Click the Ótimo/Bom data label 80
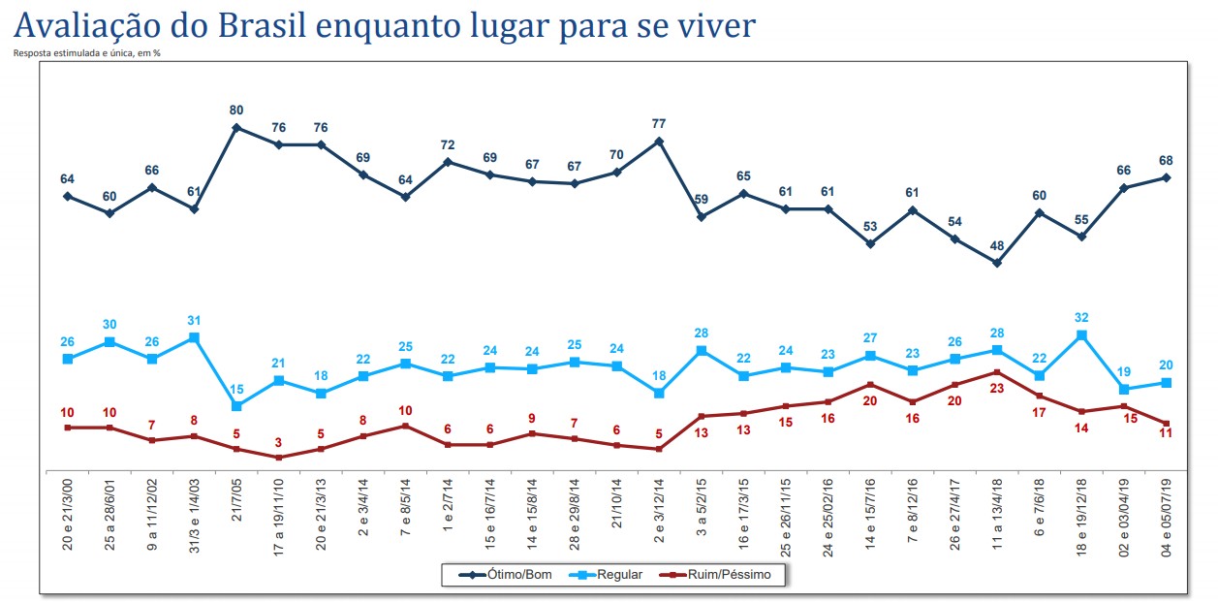pyautogui.click(x=236, y=110)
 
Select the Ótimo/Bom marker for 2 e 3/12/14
pyautogui.click(x=659, y=141)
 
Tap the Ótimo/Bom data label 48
pyautogui.click(x=996, y=245)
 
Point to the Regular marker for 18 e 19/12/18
pyautogui.click(x=1081, y=335)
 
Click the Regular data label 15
pyautogui.click(x=236, y=389)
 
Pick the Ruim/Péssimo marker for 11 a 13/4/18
pyautogui.click(x=997, y=372)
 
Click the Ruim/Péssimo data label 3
pyautogui.click(x=279, y=441)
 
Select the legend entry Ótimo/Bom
pyautogui.click(x=513, y=575)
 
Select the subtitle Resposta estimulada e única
pyautogui.click(x=85, y=52)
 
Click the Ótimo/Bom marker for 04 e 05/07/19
pyautogui.click(x=1167, y=177)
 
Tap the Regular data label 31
pyautogui.click(x=195, y=321)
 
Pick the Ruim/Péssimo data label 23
pyautogui.click(x=997, y=387)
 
